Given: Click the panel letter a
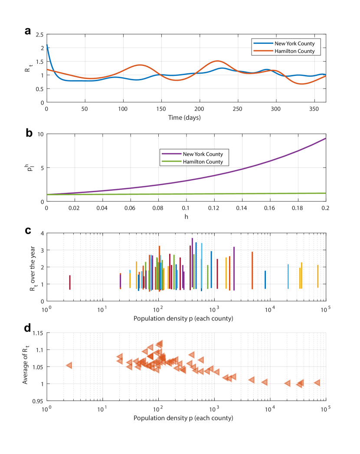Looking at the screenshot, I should click(28, 31).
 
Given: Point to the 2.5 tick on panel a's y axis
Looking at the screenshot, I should click(40, 34).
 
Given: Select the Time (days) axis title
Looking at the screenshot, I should click(186, 117).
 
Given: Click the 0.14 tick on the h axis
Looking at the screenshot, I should click(242, 208).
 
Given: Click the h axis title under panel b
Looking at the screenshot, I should click(186, 216).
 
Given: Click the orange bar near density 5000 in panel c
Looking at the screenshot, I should click(252, 270).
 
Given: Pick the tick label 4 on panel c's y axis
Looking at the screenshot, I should click(41, 233).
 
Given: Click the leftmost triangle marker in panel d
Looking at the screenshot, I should click(69, 366).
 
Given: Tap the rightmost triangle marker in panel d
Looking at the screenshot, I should click(317, 382).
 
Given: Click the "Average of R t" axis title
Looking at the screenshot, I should click(26, 366).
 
